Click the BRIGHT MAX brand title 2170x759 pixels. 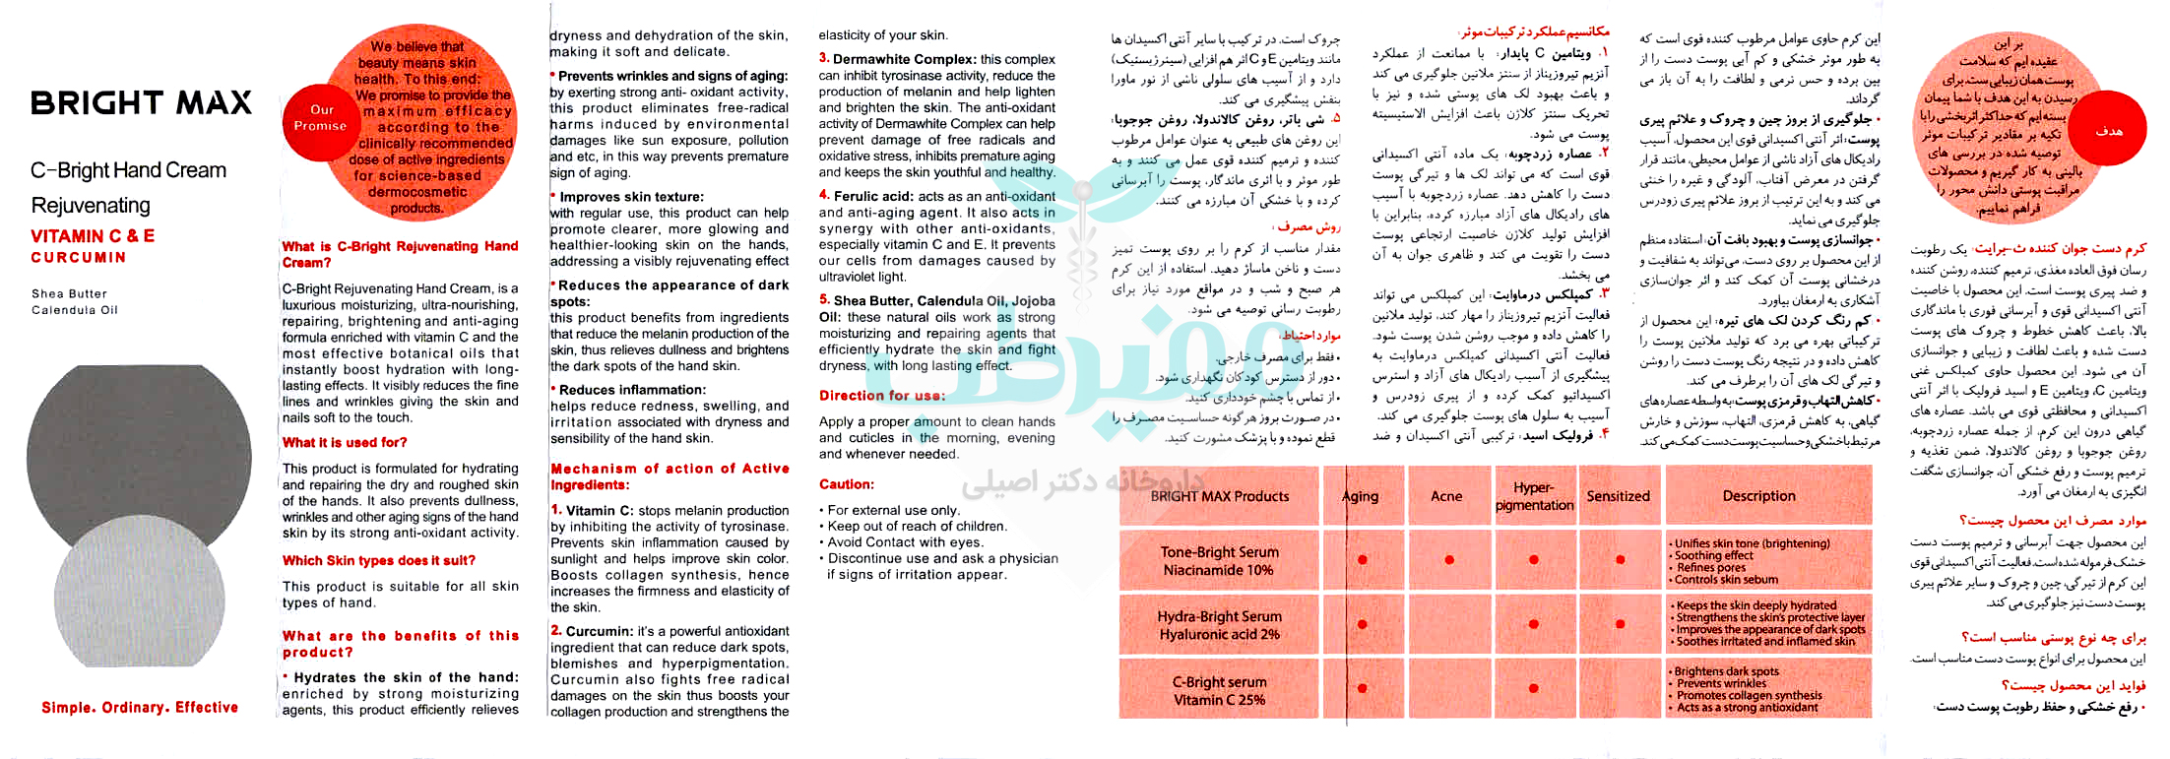tap(141, 103)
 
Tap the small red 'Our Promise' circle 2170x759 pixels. tap(321, 118)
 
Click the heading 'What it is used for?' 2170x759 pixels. tap(345, 443)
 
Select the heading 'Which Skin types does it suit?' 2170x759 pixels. tap(379, 561)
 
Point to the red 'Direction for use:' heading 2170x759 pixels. tap(882, 396)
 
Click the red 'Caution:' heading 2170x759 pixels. tap(847, 484)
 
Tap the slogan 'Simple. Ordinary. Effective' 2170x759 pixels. tap(140, 708)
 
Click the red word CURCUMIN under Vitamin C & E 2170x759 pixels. tap(79, 258)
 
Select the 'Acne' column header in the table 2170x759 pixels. tap(1446, 496)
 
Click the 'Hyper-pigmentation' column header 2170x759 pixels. tap(1534, 496)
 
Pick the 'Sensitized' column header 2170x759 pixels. tap(1618, 496)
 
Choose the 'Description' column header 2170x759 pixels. tap(1758, 496)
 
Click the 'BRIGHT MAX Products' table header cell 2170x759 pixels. tap(1219, 496)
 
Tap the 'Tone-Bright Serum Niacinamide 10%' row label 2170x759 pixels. tap(1219, 561)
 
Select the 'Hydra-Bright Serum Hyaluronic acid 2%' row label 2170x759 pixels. tap(1219, 625)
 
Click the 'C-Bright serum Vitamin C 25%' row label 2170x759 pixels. tap(1219, 691)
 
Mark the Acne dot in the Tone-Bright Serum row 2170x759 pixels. tap(1449, 560)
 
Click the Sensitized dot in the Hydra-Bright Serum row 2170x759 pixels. tap(1620, 624)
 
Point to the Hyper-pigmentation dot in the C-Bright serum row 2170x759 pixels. tap(1533, 689)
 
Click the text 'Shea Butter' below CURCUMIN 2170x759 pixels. tap(69, 294)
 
